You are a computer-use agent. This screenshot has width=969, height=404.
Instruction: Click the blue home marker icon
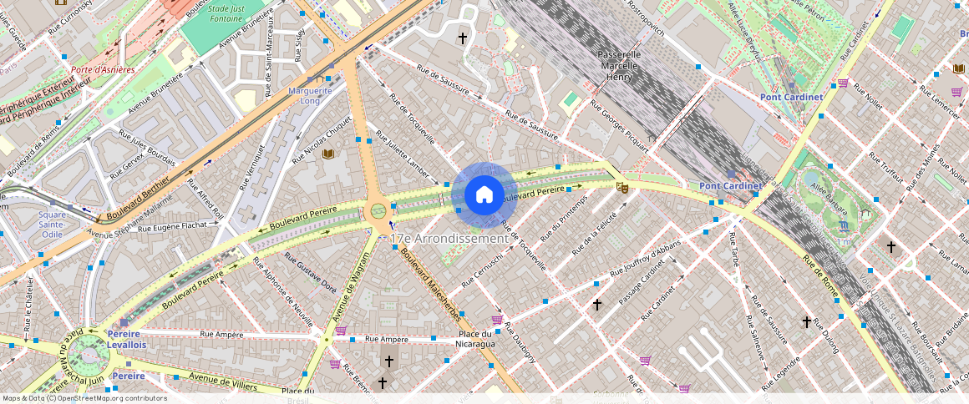tap(484, 194)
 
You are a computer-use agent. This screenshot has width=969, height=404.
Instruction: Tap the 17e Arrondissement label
tap(449, 239)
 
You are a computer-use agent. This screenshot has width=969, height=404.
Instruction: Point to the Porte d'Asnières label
tap(103, 70)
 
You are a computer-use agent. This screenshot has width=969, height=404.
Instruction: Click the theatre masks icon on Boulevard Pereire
tap(621, 188)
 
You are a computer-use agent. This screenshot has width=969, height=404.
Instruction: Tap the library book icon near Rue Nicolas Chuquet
tap(327, 154)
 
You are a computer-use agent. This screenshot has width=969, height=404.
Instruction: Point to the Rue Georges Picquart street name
tap(620, 126)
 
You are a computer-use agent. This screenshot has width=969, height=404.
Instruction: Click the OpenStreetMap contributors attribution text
tap(84, 398)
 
